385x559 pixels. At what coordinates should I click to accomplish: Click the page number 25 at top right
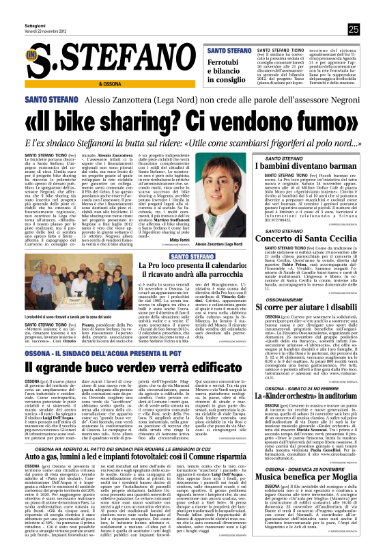pyautogui.click(x=353, y=29)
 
